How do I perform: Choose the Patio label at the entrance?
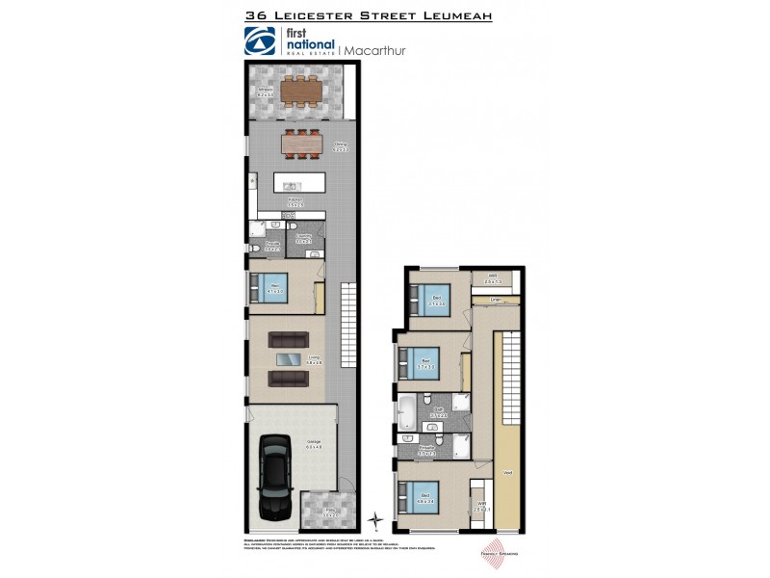[x=328, y=512]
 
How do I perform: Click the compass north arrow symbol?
[x=376, y=521]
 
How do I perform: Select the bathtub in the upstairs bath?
[x=407, y=411]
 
